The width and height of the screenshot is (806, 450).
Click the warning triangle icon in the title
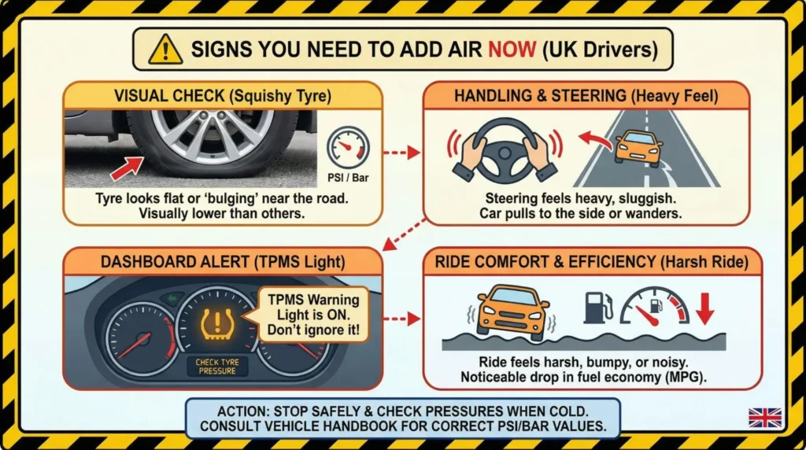point(165,50)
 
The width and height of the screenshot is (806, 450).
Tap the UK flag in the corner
point(764,417)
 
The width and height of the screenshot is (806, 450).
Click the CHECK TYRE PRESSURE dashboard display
point(217,366)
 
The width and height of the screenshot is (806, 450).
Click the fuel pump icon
point(597,308)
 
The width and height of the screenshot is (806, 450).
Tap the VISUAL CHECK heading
point(223,96)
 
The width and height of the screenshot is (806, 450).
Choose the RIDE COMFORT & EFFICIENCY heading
point(593,263)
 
